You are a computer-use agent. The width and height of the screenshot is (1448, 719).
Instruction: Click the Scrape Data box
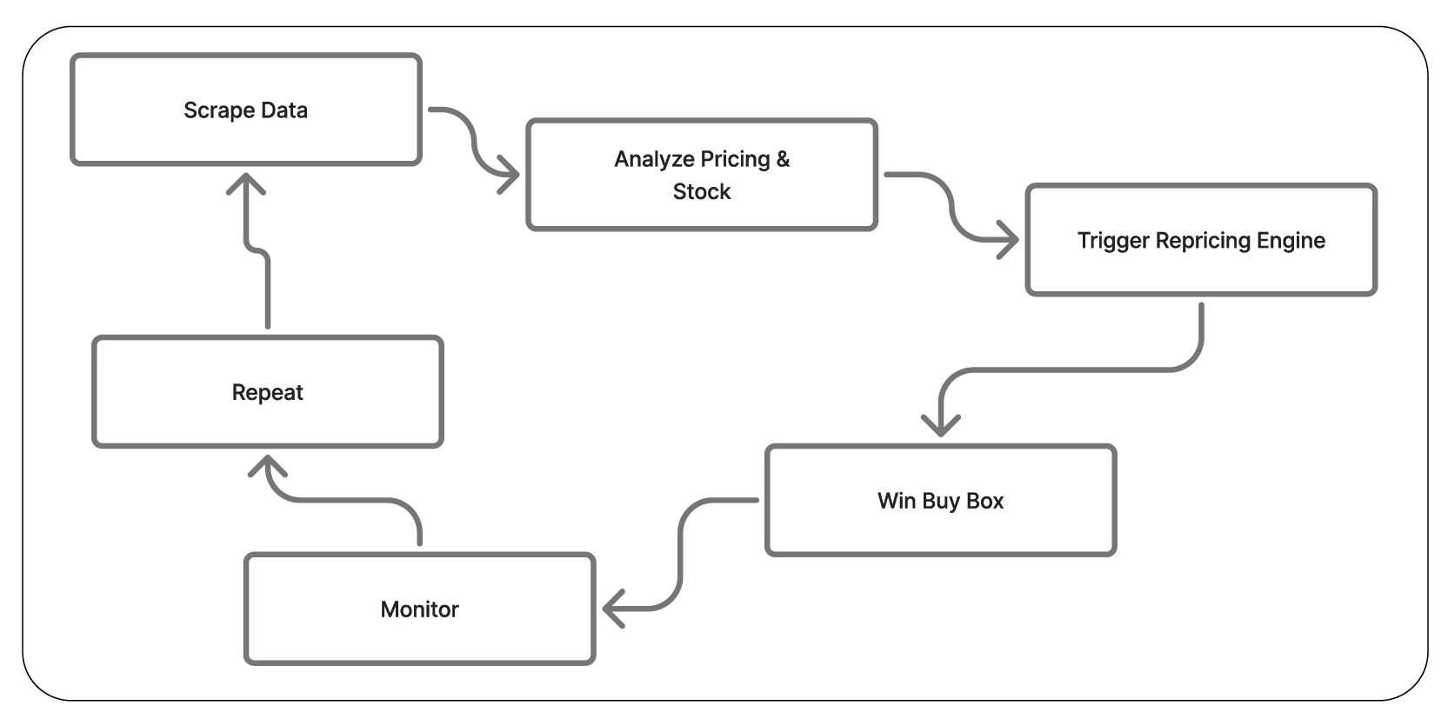point(246,109)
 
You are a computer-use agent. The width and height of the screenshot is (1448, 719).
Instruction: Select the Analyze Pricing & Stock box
point(701,175)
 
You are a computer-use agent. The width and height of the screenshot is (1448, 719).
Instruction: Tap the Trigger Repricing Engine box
point(1200,241)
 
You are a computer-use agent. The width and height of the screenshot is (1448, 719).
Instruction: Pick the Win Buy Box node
point(939,501)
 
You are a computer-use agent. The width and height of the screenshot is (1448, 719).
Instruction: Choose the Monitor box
point(418,609)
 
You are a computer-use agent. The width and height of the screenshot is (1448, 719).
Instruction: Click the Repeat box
point(267,392)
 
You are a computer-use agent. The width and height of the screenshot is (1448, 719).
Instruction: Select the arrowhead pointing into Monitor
point(611,608)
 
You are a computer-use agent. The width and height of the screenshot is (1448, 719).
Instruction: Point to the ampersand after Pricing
point(783,159)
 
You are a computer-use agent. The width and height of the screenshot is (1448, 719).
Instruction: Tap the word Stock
point(701,191)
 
